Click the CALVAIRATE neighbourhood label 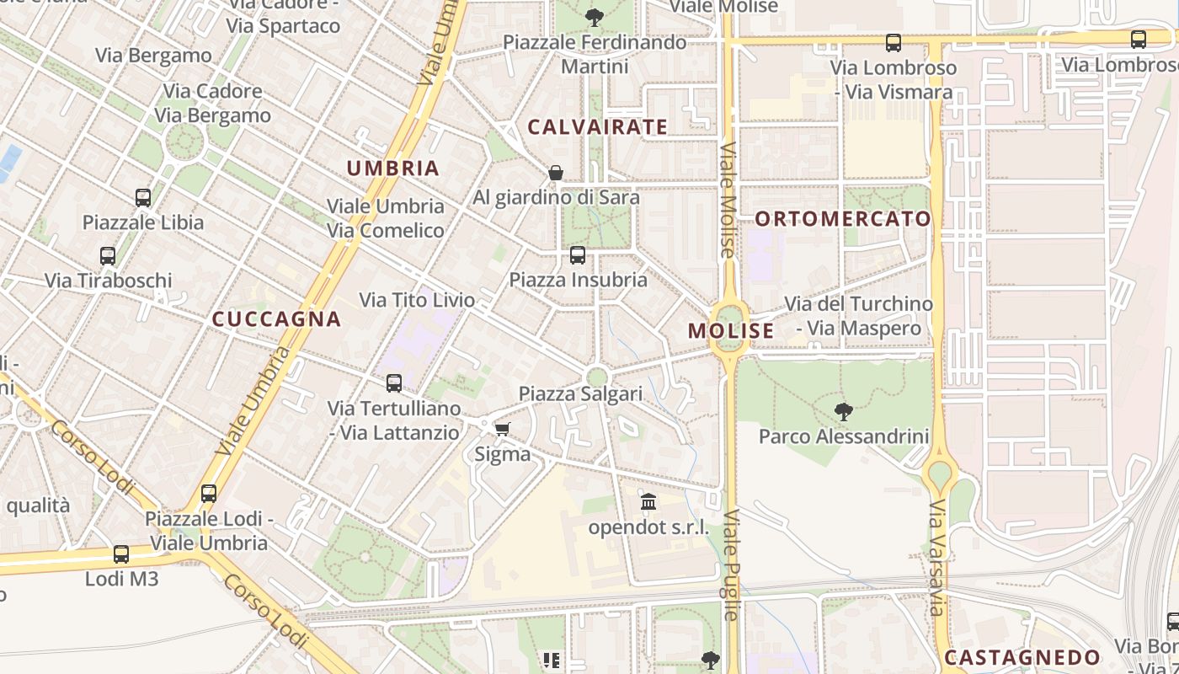(597, 127)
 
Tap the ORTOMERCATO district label (843, 219)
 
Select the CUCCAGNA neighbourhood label (276, 319)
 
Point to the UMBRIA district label (393, 168)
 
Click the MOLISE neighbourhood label (730, 331)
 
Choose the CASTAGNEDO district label (1022, 658)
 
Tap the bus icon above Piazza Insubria (578, 254)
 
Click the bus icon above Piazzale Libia (143, 198)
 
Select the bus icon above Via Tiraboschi (108, 255)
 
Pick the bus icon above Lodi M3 (121, 554)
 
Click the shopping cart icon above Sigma (503, 430)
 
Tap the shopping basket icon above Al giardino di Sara (556, 173)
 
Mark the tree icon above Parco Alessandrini (843, 411)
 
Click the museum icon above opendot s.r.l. (648, 503)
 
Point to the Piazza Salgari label (580, 393)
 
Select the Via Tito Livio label (417, 300)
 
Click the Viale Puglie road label (731, 564)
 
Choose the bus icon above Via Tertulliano (394, 383)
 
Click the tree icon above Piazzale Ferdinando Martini (595, 17)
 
